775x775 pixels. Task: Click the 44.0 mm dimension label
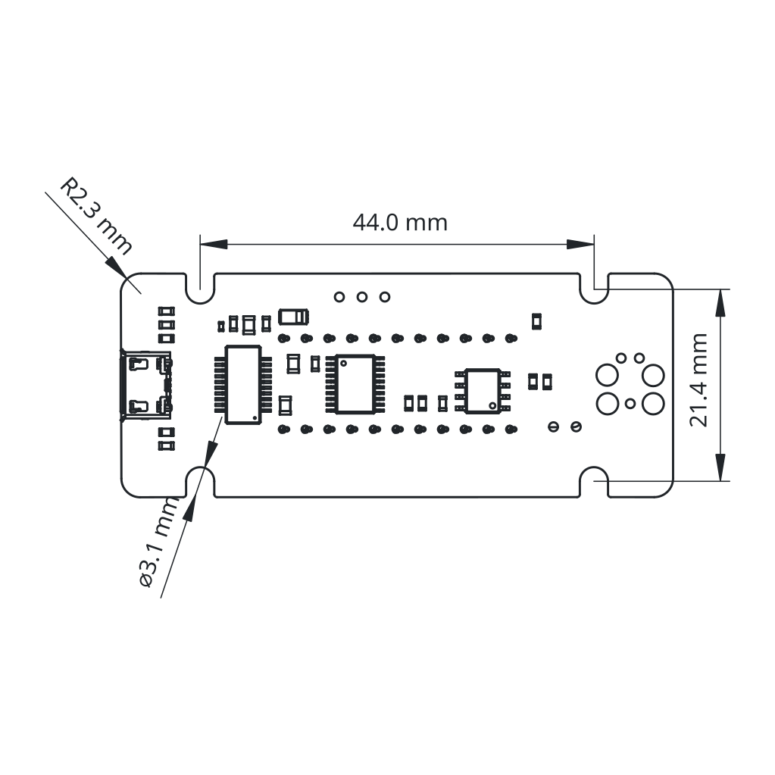(400, 223)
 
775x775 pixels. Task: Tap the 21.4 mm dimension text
(699, 380)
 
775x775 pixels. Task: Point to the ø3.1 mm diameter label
(158, 542)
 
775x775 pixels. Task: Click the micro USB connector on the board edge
(145, 386)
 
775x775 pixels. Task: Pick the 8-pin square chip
(483, 390)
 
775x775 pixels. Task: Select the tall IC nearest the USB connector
(243, 385)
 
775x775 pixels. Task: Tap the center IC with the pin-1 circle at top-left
(355, 383)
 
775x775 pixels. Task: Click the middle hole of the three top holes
(362, 296)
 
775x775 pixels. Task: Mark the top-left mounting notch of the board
(200, 289)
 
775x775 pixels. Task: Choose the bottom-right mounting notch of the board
(594, 481)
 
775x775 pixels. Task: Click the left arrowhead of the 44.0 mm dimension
(214, 244)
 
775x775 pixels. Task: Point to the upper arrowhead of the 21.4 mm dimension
(720, 302)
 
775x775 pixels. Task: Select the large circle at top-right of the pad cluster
(652, 376)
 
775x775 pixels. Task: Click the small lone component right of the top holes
(536, 322)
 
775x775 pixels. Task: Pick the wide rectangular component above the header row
(294, 317)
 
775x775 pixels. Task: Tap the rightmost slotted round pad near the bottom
(576, 426)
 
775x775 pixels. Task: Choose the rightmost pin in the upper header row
(511, 339)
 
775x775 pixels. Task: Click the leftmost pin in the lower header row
(283, 429)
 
